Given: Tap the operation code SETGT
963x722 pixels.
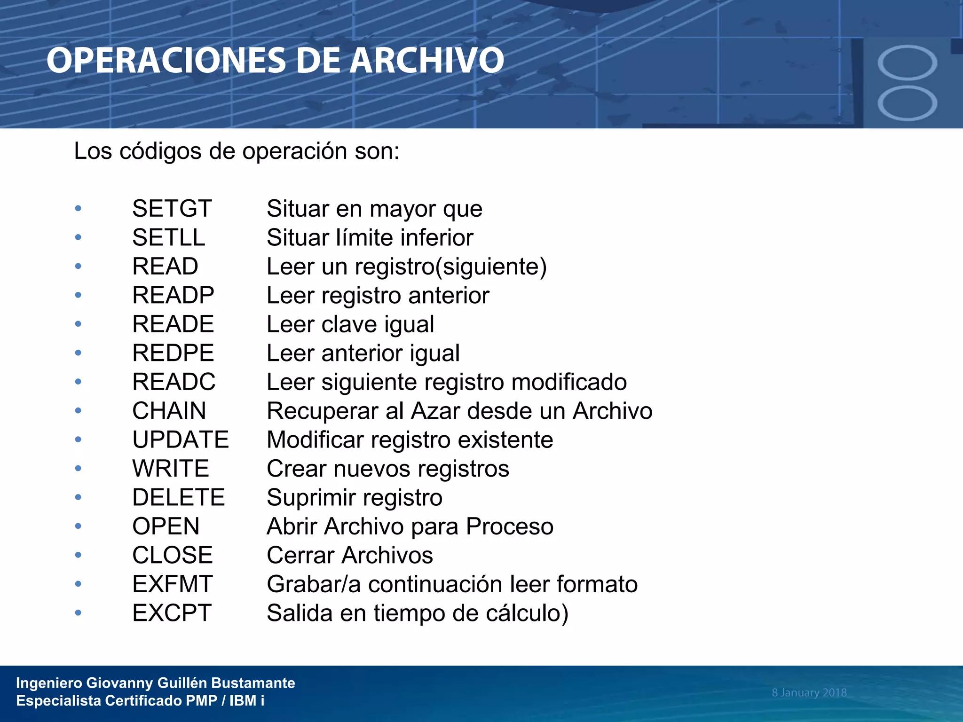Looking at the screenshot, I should pos(172,209).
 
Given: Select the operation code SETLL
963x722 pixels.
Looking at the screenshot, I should pos(169,237).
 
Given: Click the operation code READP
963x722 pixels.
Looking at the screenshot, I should pos(173,295).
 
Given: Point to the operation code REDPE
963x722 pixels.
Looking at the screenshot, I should pos(173,353).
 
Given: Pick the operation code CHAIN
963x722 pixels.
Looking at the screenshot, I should pos(169,411).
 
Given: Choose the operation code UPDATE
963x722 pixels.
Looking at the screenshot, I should pos(181,440).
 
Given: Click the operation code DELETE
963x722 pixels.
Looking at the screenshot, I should pos(179,497).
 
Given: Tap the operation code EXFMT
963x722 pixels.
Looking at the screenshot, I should pos(173,584).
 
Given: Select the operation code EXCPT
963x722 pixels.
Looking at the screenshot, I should pos(172,613).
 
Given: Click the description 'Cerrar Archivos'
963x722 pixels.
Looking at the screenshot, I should pos(350,556).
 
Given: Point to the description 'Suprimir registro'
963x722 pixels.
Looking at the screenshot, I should pos(355,498).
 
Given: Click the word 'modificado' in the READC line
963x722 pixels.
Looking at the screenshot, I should pos(569,382).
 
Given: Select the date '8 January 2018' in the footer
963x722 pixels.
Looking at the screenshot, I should pos(809,692).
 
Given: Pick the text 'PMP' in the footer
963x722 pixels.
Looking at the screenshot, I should pos(201,701).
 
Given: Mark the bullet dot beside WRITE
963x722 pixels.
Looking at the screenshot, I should pos(78,468).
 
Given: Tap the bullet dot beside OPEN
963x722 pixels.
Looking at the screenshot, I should pos(78,526).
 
